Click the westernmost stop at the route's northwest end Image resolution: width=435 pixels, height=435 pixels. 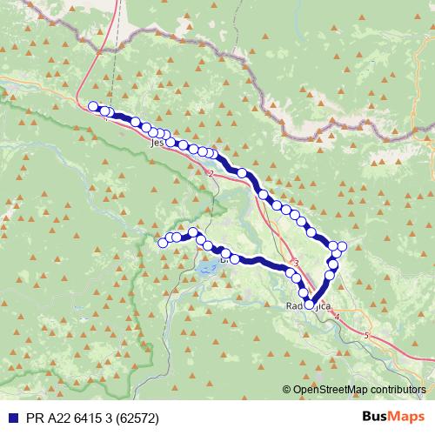point(93,106)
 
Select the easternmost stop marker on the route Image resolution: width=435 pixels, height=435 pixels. point(342,246)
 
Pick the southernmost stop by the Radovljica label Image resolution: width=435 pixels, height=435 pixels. point(310,304)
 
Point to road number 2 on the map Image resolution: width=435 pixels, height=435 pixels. point(211,173)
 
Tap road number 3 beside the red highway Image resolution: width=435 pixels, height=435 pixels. point(296,264)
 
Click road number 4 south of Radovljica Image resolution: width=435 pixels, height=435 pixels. point(337,316)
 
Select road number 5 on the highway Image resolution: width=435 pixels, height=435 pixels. point(367,335)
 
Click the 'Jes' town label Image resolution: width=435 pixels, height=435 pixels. point(157,141)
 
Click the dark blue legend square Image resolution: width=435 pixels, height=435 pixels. point(9,417)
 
